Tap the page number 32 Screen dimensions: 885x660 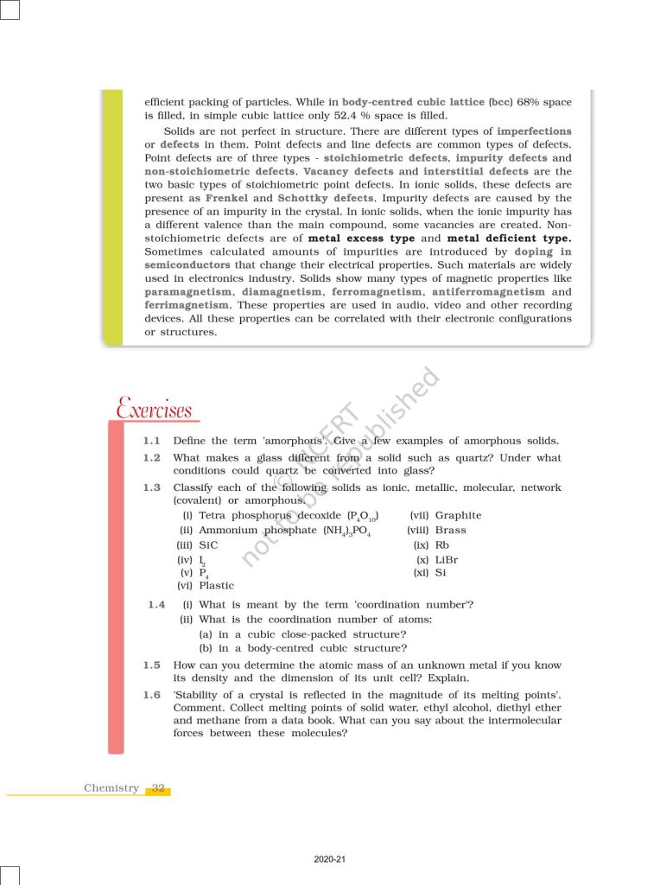(x=158, y=787)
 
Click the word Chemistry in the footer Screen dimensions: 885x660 (x=111, y=787)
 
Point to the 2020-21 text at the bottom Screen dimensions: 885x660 (x=330, y=860)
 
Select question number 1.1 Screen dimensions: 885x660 (x=152, y=441)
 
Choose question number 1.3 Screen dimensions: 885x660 (x=152, y=487)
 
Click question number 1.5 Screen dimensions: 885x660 (x=152, y=665)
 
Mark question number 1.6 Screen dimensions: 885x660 (x=152, y=695)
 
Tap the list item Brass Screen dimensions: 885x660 (x=451, y=530)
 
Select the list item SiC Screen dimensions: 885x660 (x=208, y=545)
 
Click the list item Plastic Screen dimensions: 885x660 (x=216, y=585)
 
